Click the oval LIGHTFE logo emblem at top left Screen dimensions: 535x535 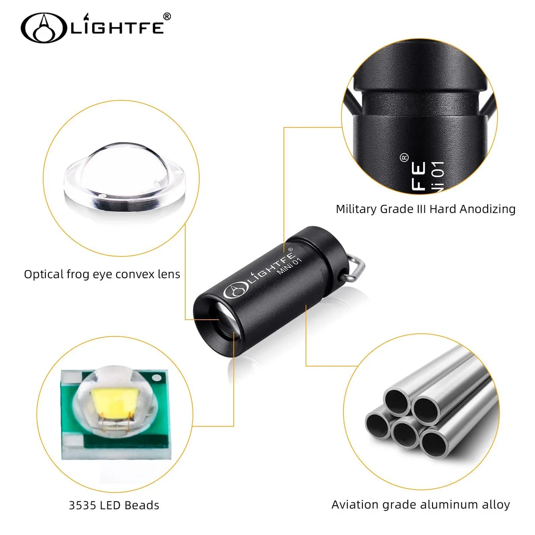(44, 28)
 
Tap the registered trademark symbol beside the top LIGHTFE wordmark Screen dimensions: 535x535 (166, 16)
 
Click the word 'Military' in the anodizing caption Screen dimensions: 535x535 (356, 210)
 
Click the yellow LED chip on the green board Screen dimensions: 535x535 (115, 402)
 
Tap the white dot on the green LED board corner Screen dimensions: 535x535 (156, 378)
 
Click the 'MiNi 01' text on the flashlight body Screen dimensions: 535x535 (290, 266)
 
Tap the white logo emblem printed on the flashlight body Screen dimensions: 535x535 (235, 290)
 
